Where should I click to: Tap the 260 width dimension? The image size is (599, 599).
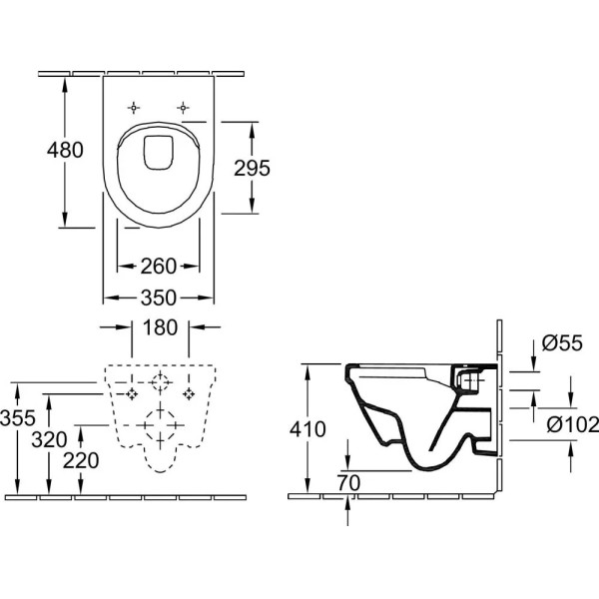tap(160, 266)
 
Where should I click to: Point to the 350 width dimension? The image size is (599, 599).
tap(160, 298)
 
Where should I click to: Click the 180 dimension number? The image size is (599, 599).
tap(160, 327)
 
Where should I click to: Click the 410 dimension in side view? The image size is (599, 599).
tap(308, 430)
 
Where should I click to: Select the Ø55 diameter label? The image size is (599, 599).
tap(561, 345)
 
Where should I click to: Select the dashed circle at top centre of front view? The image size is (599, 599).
tap(160, 383)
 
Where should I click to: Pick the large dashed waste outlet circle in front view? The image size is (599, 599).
tap(160, 425)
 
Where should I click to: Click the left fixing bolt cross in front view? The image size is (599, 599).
tap(130, 395)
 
